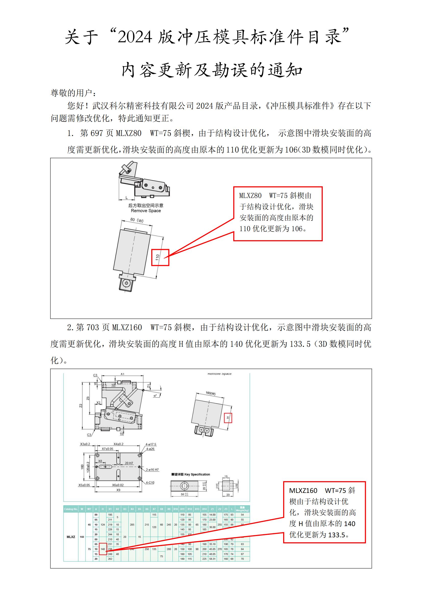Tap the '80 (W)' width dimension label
click(137, 220)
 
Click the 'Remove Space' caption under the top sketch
click(146, 211)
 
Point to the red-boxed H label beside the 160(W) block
click(228, 418)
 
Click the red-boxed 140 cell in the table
click(103, 549)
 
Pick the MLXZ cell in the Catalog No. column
click(71, 537)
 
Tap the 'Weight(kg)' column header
click(242, 509)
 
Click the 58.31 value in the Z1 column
click(212, 559)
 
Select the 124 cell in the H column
click(103, 525)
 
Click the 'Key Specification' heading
click(197, 474)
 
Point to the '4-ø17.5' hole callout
click(151, 444)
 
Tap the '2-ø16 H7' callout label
click(152, 470)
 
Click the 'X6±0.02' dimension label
click(118, 485)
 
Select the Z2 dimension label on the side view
click(81, 405)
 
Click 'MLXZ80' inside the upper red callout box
click(250, 196)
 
